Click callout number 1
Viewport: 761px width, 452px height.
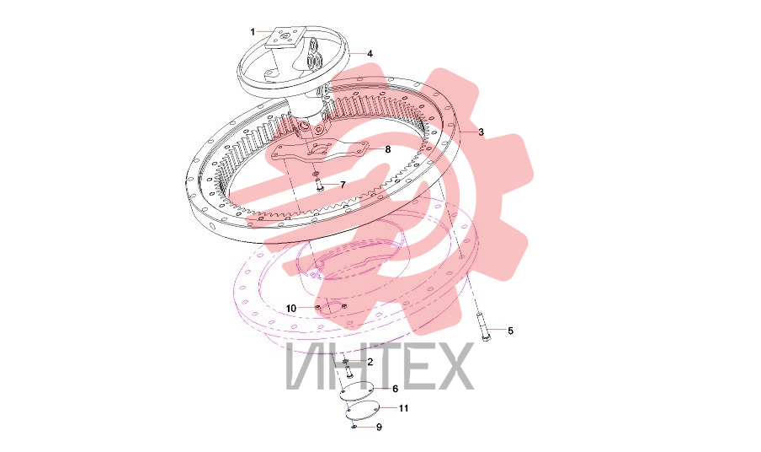[x=253, y=32]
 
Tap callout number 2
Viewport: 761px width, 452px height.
[x=370, y=362]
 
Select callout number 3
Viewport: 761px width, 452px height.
[x=481, y=132]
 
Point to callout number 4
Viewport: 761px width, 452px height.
[x=370, y=54]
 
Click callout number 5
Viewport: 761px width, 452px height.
[x=511, y=331]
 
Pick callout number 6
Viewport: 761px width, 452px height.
[x=395, y=389]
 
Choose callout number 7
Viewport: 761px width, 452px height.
[x=343, y=185]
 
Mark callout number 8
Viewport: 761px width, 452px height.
[x=388, y=150]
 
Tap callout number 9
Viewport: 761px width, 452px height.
[x=379, y=428]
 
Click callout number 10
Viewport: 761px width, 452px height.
[x=290, y=309]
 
